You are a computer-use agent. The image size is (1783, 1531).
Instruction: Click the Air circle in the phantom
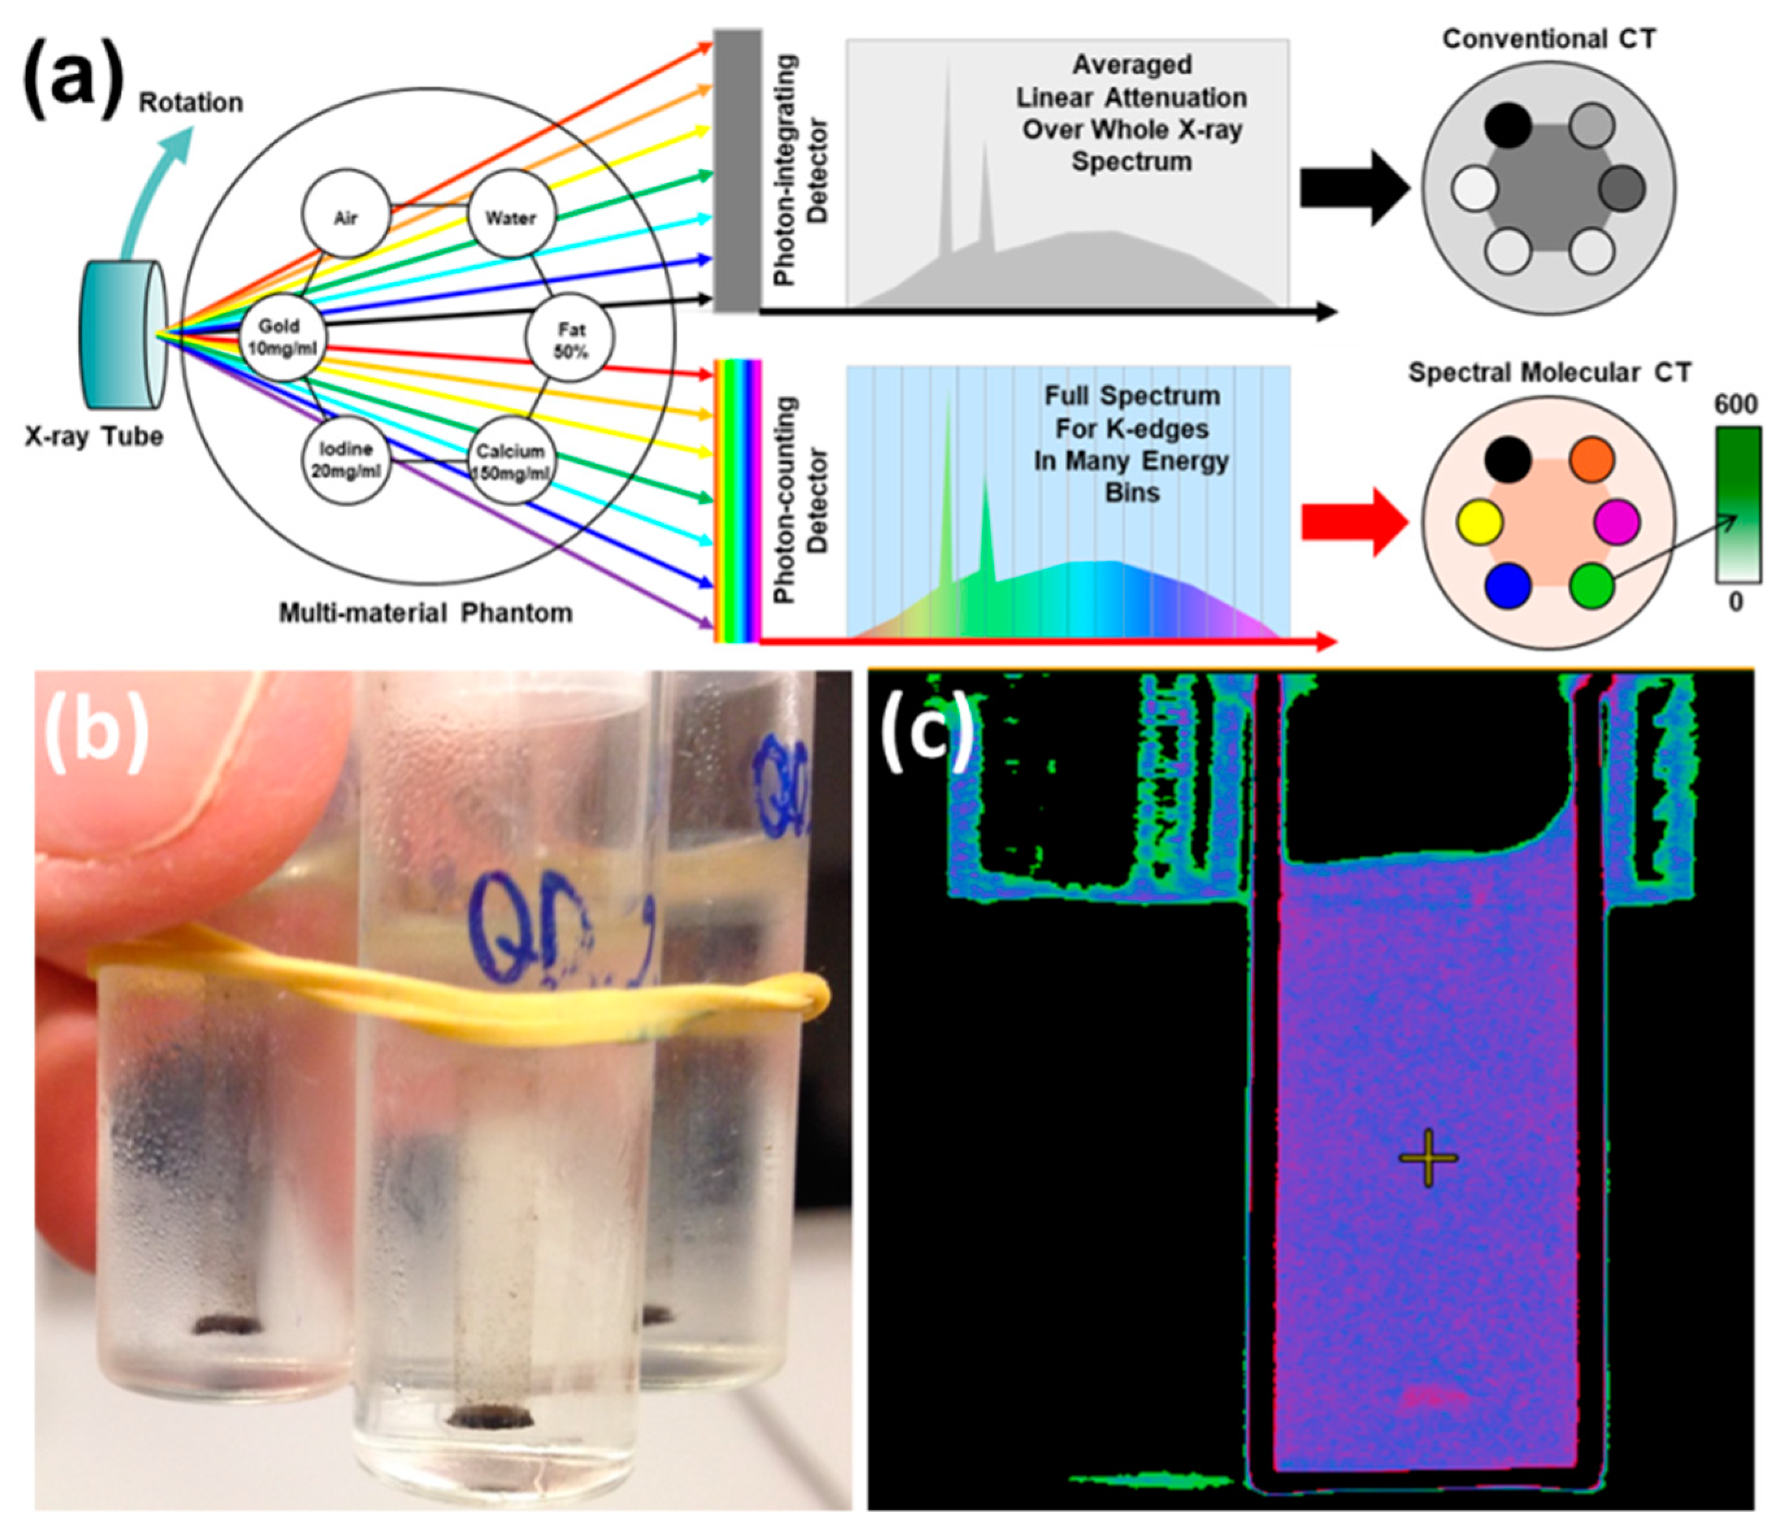coord(346,214)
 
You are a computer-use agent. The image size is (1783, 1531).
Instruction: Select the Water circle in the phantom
coord(511,214)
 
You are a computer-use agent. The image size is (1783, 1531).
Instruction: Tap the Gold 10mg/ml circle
coord(281,336)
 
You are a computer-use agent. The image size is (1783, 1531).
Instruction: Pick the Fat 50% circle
coord(570,339)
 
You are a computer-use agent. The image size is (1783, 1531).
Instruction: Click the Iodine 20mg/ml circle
coord(346,461)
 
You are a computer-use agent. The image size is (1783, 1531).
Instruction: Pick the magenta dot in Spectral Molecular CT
coord(1617,522)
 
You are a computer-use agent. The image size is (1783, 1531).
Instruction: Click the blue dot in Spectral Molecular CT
coord(1508,586)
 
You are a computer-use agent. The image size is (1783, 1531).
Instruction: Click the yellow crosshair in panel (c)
coord(1428,1158)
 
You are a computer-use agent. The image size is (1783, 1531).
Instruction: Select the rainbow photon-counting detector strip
coord(737,501)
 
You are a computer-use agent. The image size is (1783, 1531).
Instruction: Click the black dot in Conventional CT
coord(1508,125)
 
